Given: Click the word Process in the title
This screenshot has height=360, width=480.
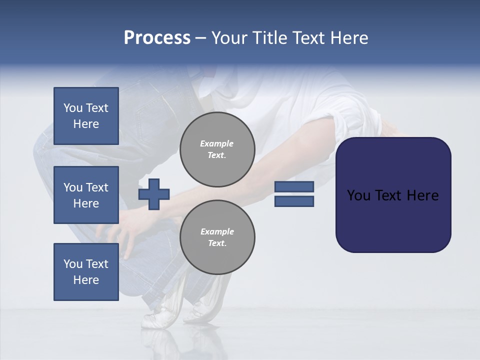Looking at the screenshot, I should click(157, 38).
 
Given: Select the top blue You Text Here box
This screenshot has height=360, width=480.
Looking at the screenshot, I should click(86, 116).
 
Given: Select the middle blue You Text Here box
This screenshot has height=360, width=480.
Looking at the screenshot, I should click(86, 195).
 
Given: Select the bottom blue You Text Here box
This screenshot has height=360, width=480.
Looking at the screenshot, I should click(86, 271).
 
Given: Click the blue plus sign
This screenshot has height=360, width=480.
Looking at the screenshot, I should click(154, 194).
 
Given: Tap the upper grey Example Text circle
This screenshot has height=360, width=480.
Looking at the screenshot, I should click(217, 149).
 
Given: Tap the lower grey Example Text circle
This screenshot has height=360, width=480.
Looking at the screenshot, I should click(217, 237).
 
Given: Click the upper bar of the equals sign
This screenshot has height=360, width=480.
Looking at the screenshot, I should click(294, 186).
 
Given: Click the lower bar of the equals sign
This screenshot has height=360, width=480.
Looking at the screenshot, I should click(294, 201).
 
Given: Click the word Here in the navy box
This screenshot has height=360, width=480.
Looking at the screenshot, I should click(422, 195).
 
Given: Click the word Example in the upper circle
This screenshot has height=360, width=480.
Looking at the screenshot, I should click(217, 143).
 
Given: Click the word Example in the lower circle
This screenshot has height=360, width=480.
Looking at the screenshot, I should click(217, 231).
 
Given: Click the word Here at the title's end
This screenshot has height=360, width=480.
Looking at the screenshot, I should click(349, 38).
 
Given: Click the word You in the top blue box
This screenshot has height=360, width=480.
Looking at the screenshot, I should click(73, 108).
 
